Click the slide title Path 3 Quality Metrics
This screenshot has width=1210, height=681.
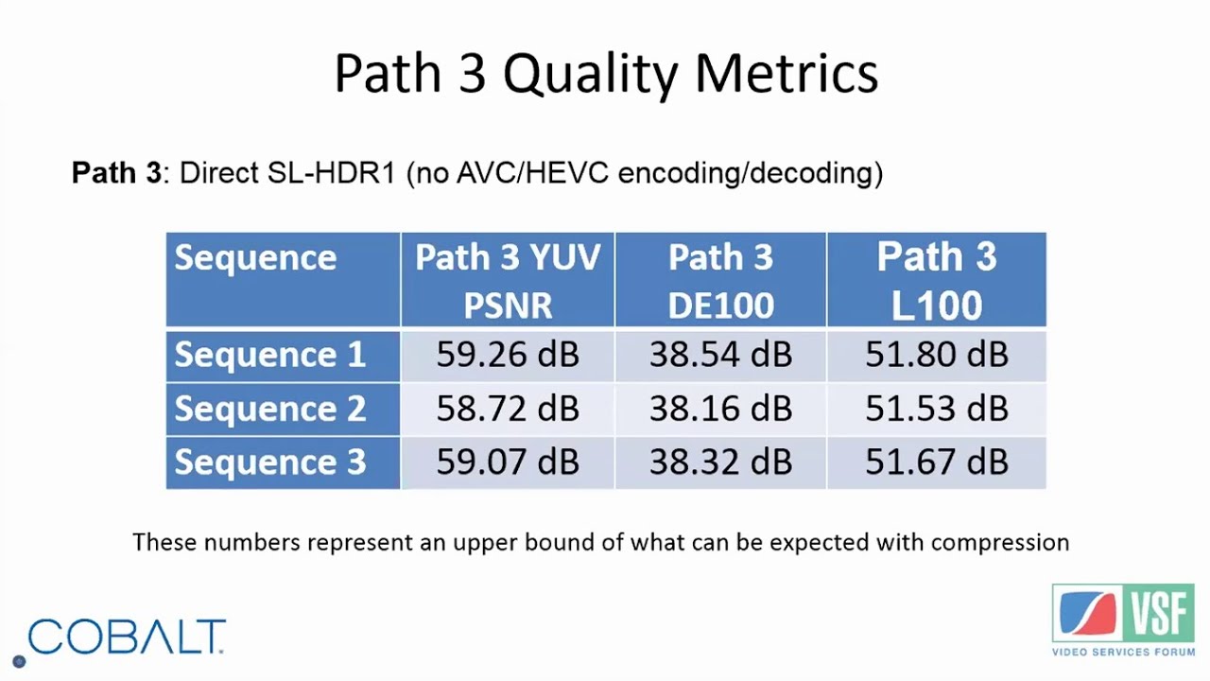(x=606, y=74)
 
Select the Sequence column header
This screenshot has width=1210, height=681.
(x=255, y=258)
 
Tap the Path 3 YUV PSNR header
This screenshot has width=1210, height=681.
(x=508, y=281)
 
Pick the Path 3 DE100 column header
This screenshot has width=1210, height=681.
(x=720, y=281)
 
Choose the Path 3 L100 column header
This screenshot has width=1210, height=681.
(x=936, y=281)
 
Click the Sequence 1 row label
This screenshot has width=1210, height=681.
(x=269, y=355)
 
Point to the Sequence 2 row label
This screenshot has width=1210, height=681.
(x=269, y=409)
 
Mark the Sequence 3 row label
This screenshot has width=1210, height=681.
(x=269, y=463)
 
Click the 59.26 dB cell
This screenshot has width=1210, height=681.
(x=508, y=355)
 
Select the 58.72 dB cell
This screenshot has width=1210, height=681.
(x=508, y=409)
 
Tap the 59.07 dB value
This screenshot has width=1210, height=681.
(x=508, y=463)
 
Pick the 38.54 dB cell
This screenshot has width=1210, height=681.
(x=720, y=355)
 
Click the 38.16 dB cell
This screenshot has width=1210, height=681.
(x=720, y=409)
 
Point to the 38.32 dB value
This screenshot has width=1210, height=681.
(x=720, y=463)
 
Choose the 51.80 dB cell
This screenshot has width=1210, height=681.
(x=936, y=355)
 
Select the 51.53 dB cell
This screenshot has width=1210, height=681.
(x=936, y=409)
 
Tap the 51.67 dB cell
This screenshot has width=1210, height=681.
(x=936, y=463)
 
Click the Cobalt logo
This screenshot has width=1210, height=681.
(x=126, y=637)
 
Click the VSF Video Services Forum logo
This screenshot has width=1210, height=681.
(x=1123, y=620)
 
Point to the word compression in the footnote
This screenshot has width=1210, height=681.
(x=999, y=543)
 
